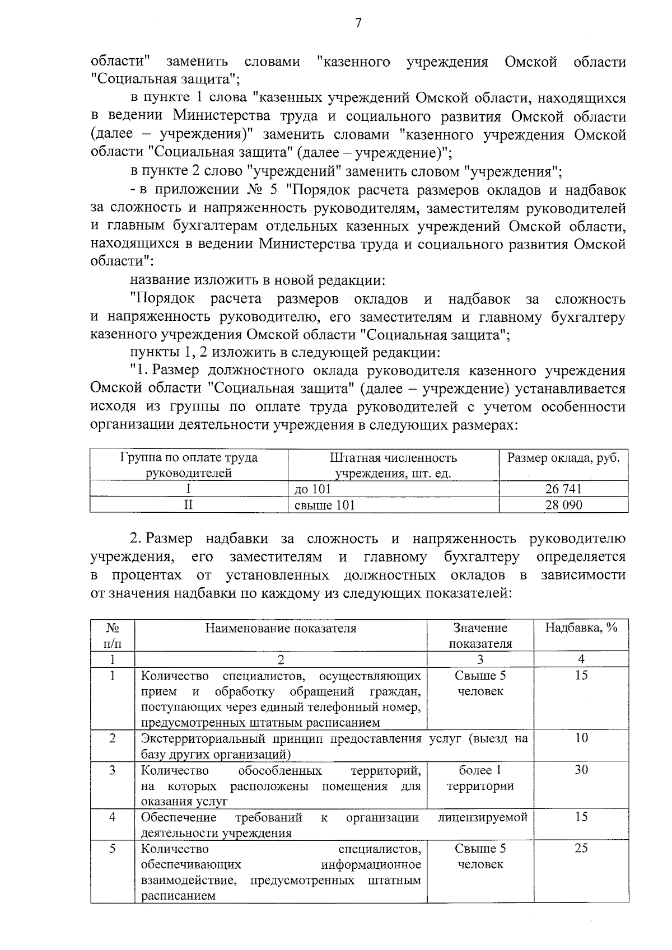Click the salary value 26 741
coord(563,489)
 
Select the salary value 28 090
coord(563,505)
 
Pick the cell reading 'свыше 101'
coord(325,505)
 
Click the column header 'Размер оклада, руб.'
coord(563,458)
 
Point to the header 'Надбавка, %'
coord(581,628)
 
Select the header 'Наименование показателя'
coord(281,628)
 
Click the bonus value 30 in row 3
coord(581,770)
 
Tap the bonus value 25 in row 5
coord(581,848)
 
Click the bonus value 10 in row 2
coord(581,738)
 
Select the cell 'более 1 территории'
coord(480,778)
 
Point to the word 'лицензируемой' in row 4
coord(483,817)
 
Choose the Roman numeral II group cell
coord(189,505)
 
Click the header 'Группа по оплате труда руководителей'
coord(189,465)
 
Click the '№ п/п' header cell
coord(112,635)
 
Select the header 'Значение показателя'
coord(480,635)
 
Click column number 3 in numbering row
coord(480,659)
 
